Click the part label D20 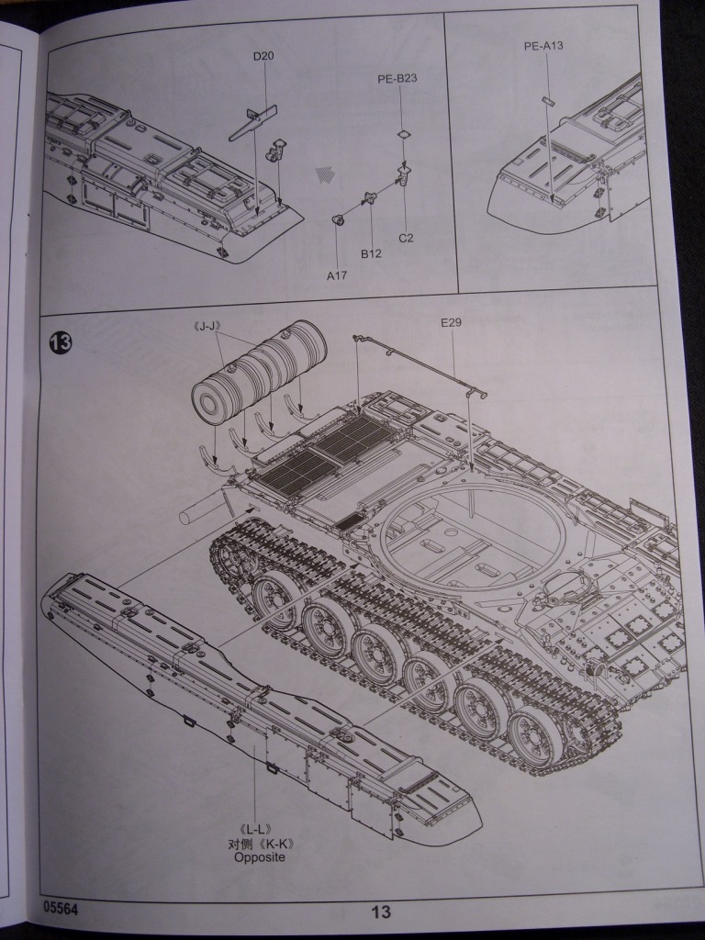tap(264, 57)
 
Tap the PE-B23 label tap(397, 79)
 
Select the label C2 tap(406, 238)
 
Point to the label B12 tap(370, 253)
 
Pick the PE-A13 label tap(543, 45)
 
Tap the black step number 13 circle tap(61, 342)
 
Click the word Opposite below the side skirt tap(260, 856)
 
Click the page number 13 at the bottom tap(382, 912)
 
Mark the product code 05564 tap(61, 905)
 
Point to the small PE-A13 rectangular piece tap(546, 99)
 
